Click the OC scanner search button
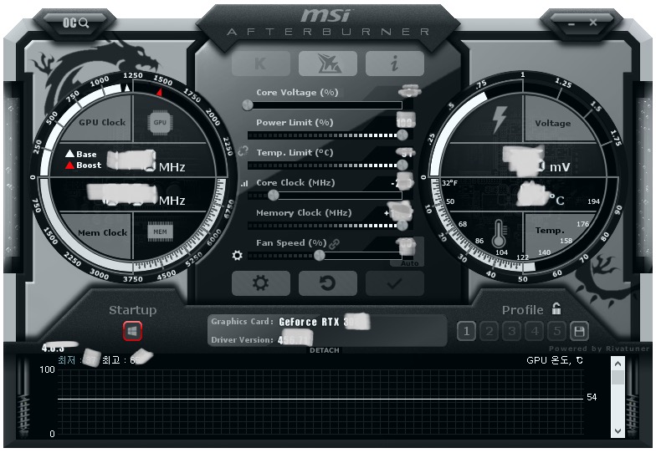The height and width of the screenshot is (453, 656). click(76, 23)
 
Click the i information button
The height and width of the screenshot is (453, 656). click(394, 64)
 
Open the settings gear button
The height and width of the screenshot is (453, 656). click(260, 283)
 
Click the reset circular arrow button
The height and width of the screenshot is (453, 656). click(327, 283)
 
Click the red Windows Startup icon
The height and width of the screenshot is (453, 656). click(132, 332)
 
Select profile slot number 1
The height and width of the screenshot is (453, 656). click(468, 332)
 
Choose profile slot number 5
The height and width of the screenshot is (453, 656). click(556, 332)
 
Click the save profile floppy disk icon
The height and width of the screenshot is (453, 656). click(578, 332)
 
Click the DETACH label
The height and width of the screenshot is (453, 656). click(325, 350)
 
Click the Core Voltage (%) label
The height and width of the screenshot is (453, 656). click(297, 93)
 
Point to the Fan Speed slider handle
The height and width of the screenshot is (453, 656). click(319, 256)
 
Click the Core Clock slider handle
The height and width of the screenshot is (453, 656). click(273, 196)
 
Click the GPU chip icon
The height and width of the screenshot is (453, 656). click(160, 122)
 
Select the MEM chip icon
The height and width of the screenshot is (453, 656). click(160, 232)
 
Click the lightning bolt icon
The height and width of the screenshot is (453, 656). click(499, 120)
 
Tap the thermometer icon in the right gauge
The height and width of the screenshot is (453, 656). click(500, 233)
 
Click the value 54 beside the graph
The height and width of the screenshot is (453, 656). click(592, 398)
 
